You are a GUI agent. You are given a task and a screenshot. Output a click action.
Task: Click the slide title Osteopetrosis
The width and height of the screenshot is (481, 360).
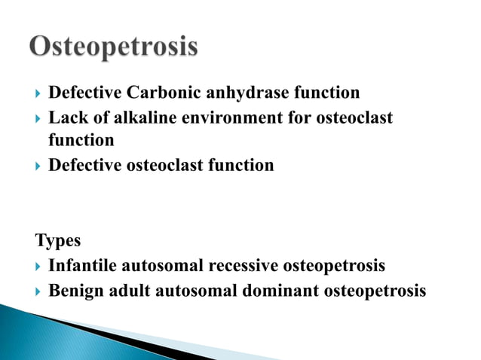[x=115, y=47]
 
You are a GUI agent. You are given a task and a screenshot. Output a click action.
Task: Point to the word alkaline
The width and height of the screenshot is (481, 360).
[x=128, y=118]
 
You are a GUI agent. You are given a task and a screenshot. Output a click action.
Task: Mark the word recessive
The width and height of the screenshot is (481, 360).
[x=244, y=266]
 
